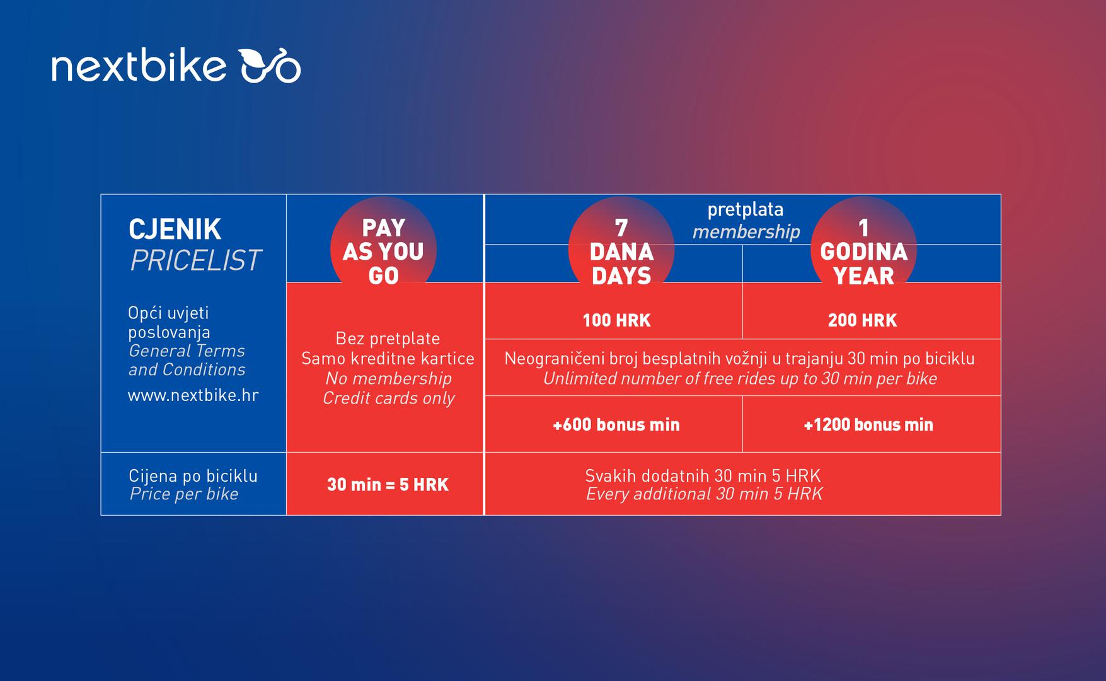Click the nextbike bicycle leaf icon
tap(270, 66)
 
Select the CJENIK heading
tap(175, 230)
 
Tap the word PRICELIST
tap(195, 260)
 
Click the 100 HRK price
tap(616, 320)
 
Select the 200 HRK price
tap(862, 320)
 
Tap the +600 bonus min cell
tap(616, 424)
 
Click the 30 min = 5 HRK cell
tap(388, 484)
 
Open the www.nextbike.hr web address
tap(193, 395)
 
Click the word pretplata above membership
tap(745, 210)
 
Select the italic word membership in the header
tap(746, 231)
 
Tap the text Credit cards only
tap(389, 399)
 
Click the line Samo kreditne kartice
tap(388, 359)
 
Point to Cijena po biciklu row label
tap(193, 475)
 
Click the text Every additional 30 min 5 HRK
tap(704, 494)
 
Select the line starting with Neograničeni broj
tap(739, 359)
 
